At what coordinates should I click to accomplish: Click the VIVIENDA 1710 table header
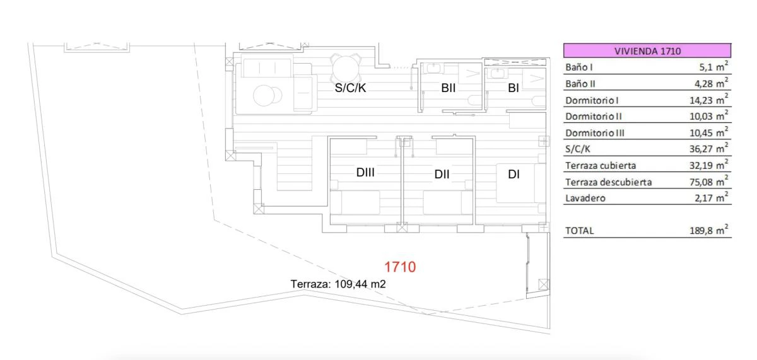(647, 51)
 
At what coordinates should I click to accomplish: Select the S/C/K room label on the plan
(350, 89)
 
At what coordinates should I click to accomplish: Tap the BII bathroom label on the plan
(449, 89)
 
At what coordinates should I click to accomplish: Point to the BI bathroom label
(513, 89)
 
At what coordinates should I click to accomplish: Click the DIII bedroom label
(365, 172)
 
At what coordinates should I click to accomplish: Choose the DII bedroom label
(442, 175)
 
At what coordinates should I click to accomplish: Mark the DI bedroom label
(513, 175)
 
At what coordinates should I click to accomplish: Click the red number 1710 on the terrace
(400, 267)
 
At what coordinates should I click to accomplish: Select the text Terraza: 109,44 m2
(338, 284)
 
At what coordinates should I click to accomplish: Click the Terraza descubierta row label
(608, 183)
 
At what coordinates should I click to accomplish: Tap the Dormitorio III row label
(597, 133)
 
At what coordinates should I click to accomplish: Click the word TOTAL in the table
(579, 231)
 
